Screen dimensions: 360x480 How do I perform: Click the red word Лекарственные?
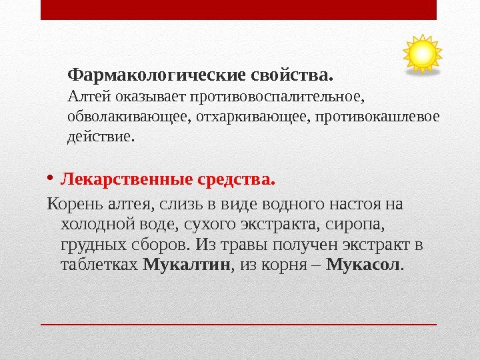coord(127,180)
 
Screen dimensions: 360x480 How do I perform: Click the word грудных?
coord(89,244)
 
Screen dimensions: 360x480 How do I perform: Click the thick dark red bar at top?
coord(238,10)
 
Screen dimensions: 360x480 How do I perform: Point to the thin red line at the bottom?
coord(238,325)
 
